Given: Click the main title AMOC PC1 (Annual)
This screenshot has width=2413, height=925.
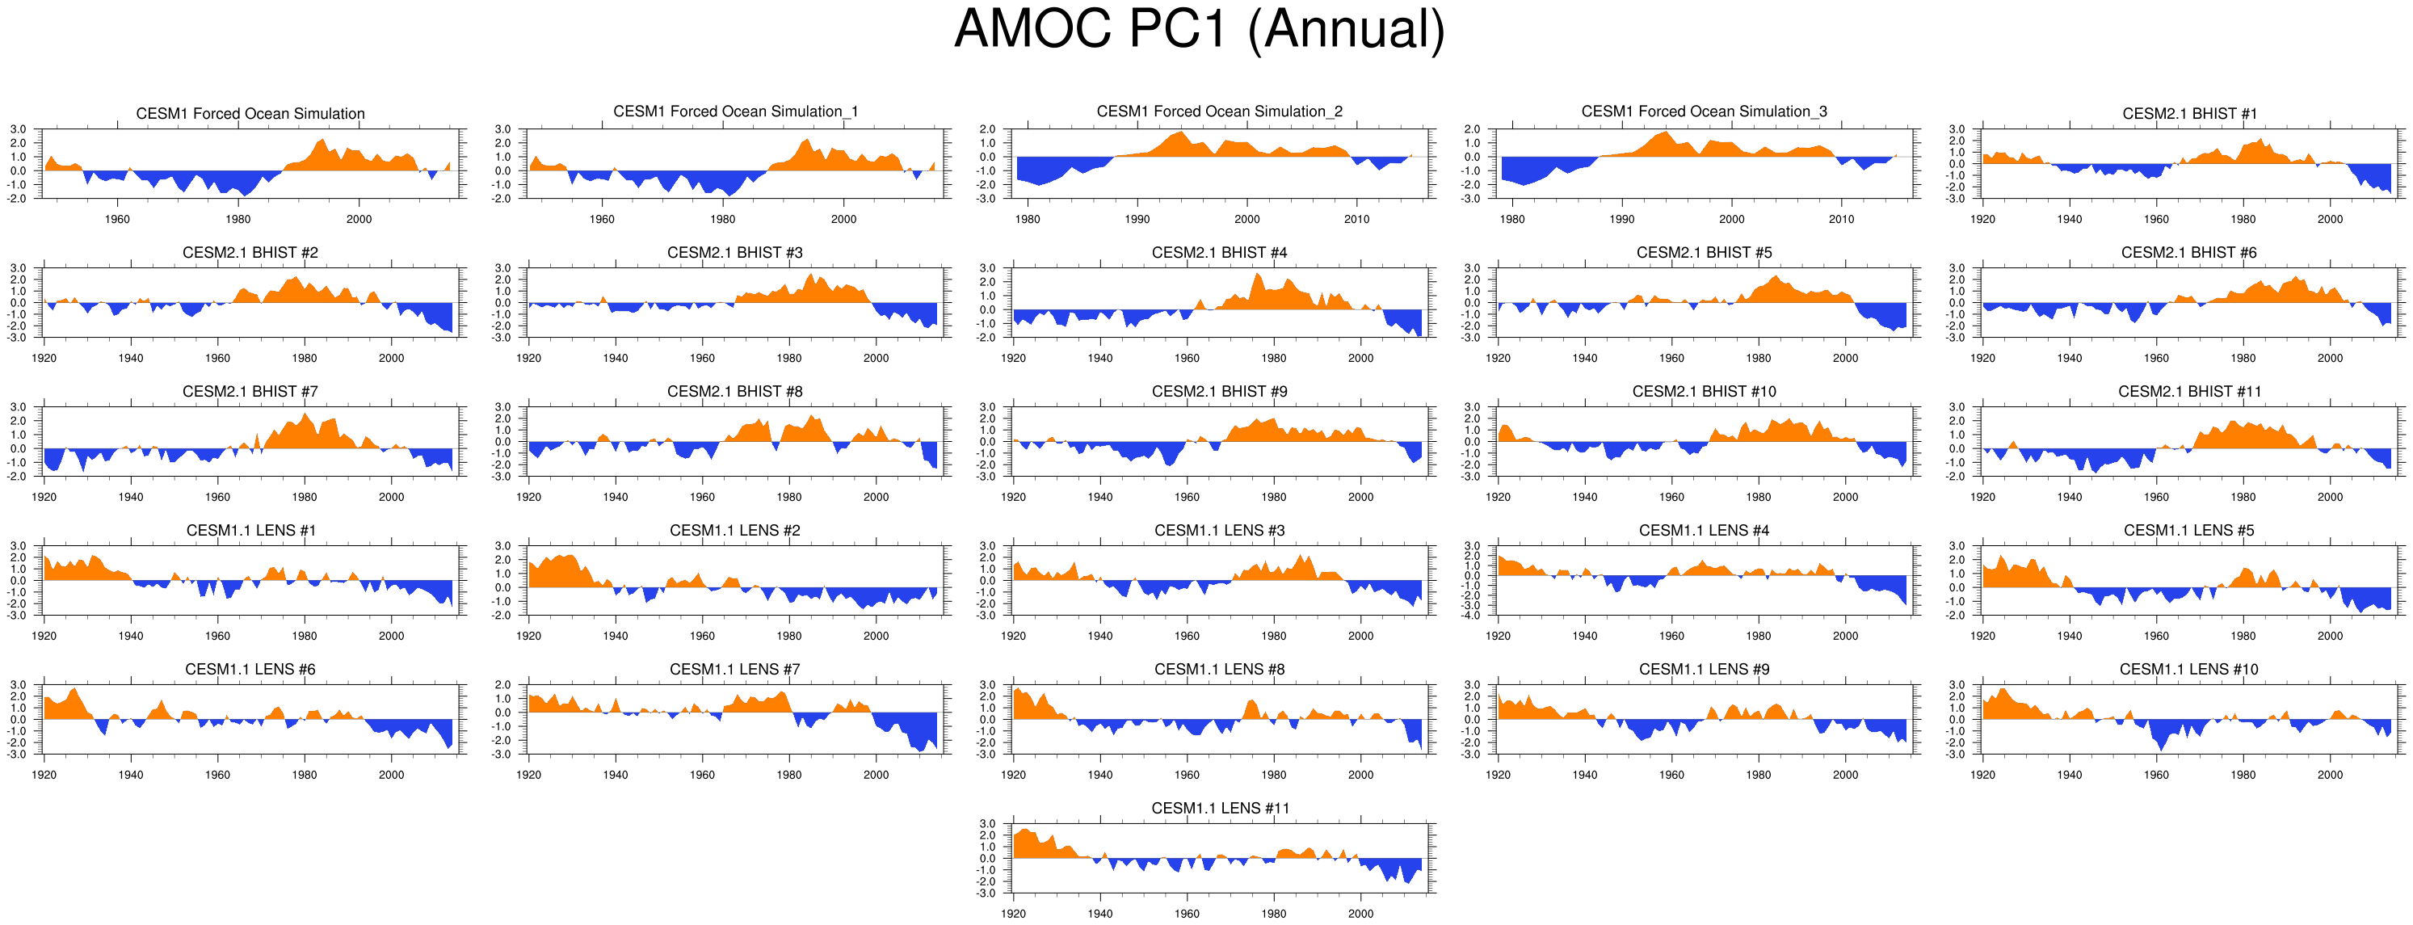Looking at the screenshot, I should click(1199, 30).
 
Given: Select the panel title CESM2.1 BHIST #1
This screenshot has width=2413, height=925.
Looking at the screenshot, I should click(2189, 113).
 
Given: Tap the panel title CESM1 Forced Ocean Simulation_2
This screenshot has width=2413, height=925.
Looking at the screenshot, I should click(1219, 111).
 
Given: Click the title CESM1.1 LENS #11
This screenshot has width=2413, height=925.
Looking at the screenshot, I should click(1220, 808).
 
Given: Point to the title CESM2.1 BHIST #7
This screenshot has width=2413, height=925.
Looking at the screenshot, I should click(250, 391).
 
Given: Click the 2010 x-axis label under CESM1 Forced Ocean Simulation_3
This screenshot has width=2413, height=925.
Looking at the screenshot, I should click(1841, 219).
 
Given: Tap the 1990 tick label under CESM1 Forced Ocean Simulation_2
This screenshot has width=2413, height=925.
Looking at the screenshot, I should click(1137, 219).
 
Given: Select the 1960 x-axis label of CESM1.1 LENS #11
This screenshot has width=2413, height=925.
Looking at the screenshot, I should click(1187, 914).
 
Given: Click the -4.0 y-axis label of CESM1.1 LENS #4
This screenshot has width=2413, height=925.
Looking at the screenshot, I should click(1472, 616).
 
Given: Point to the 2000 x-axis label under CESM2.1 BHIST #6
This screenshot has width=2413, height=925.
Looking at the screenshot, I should click(2330, 358).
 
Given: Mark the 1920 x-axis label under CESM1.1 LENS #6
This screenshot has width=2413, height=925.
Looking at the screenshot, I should click(44, 775).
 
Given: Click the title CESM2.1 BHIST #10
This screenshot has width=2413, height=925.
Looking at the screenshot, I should click(1704, 391).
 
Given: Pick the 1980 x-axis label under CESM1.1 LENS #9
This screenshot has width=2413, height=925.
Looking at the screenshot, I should click(1758, 775).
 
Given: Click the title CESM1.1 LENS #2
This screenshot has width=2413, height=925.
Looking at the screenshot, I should click(734, 531).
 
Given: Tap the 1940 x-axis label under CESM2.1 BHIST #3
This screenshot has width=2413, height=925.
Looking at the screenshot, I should click(616, 358).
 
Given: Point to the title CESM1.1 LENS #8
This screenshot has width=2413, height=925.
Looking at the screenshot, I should click(1219, 669).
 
